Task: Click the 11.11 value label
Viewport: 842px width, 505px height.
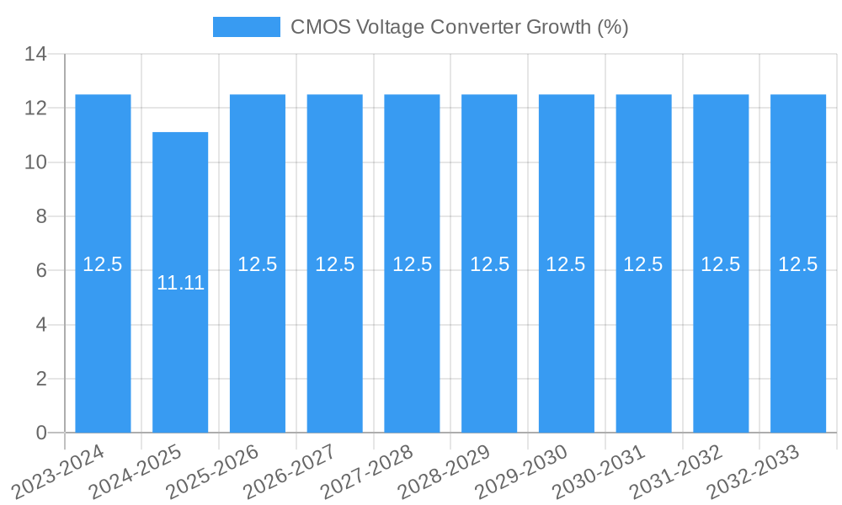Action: click(180, 283)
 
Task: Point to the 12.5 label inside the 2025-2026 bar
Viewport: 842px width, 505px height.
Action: click(258, 264)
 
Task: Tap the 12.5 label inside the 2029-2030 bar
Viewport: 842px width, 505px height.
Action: click(566, 264)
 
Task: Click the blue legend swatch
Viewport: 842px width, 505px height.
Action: click(246, 27)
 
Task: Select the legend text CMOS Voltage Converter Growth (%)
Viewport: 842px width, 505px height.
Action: click(459, 27)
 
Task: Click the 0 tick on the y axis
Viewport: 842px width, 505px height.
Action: click(41, 433)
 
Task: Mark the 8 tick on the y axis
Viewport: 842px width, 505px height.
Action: click(41, 216)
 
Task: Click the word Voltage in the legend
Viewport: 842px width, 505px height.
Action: click(391, 27)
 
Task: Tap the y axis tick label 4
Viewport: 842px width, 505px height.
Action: click(41, 325)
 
